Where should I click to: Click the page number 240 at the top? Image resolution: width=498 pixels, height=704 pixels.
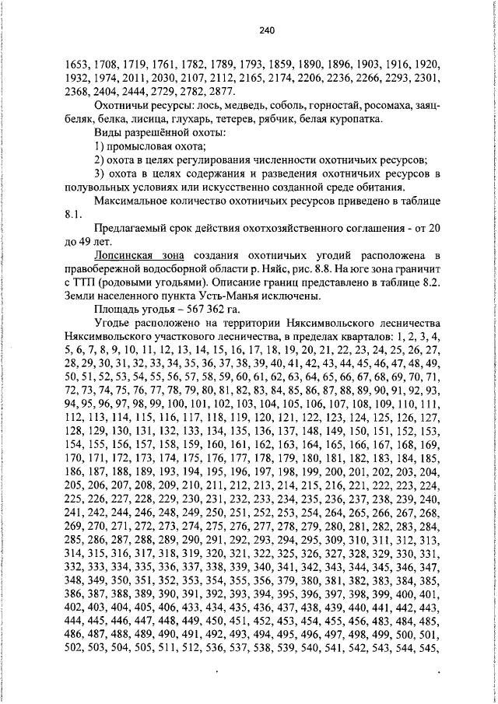click(266, 31)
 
